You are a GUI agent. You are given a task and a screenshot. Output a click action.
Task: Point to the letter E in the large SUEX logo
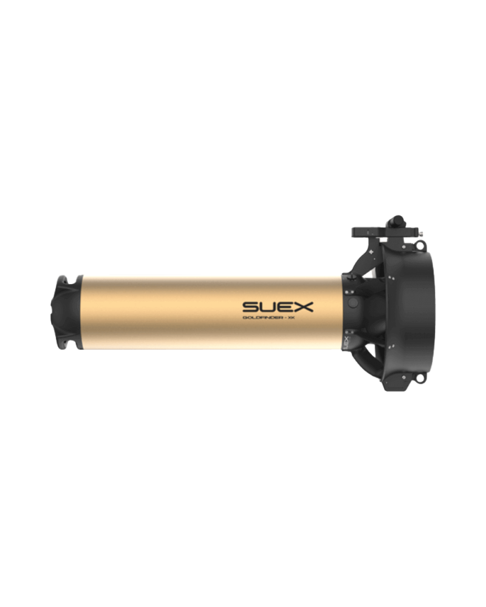tap(286, 305)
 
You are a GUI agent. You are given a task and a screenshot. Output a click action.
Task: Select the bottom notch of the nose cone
tap(63, 346)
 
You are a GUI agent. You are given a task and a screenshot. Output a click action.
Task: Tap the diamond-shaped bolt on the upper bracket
tap(372, 251)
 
